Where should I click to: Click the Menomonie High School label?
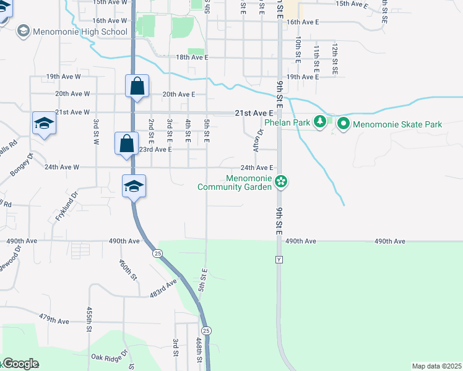[x=80, y=32]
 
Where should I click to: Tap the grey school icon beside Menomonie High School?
[x=24, y=31]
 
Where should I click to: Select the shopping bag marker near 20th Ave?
[x=137, y=87]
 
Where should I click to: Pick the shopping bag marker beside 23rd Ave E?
[x=126, y=144]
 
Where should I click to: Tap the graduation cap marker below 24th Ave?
[x=134, y=186]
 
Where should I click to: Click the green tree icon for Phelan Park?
[x=320, y=122]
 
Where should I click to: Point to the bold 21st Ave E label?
[x=254, y=113]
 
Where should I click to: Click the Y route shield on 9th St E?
[x=279, y=260]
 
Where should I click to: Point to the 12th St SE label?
[x=335, y=59]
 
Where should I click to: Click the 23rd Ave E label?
[x=154, y=150]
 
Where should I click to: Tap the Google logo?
[x=20, y=364]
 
